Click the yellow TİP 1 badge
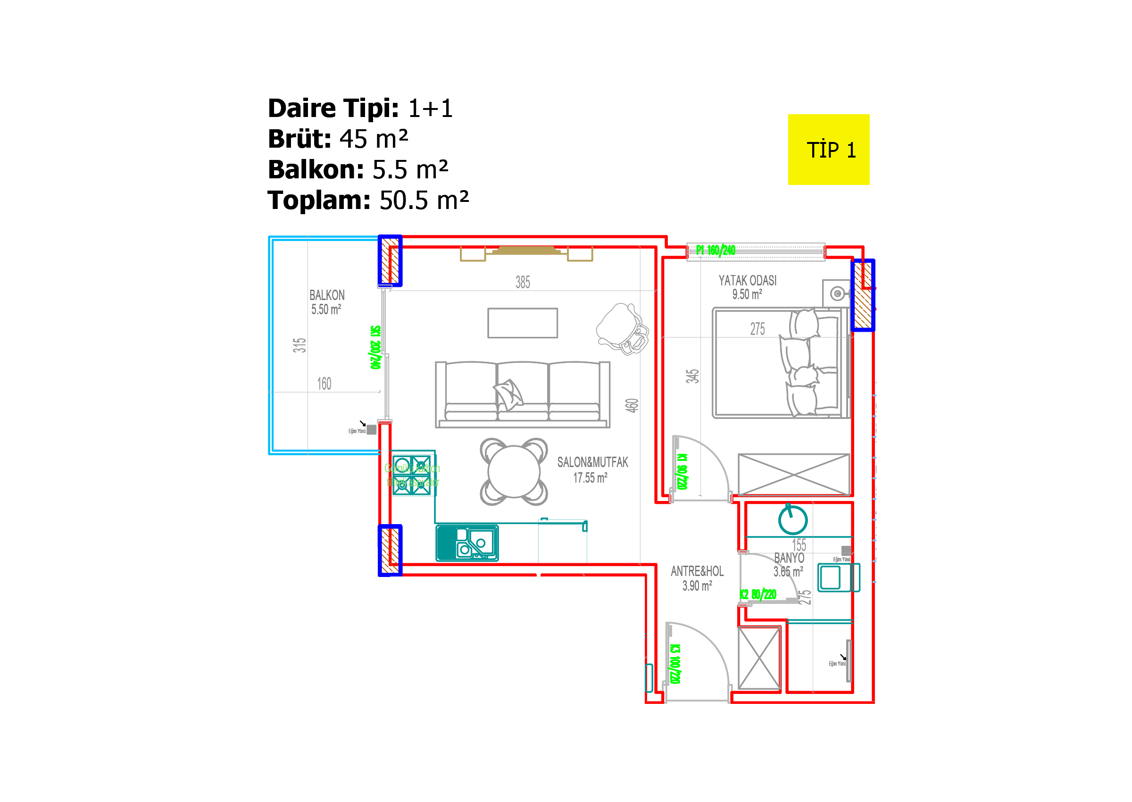coord(828,150)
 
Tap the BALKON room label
coord(327,295)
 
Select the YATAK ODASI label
coord(747,281)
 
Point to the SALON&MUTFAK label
coord(592,462)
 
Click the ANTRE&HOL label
coord(697,571)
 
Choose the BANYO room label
coord(789,558)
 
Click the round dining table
coord(514,472)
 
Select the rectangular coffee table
coord(522,323)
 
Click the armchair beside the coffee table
coord(622,329)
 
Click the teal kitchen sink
coord(467,543)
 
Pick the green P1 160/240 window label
coord(716,251)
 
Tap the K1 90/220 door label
coord(682,472)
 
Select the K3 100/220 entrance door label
coord(675,664)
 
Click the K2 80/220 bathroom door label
coord(758,594)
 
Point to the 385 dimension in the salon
coord(522,283)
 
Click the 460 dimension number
coord(632,405)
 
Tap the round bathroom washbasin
coord(792,520)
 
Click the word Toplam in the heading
coord(318,200)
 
